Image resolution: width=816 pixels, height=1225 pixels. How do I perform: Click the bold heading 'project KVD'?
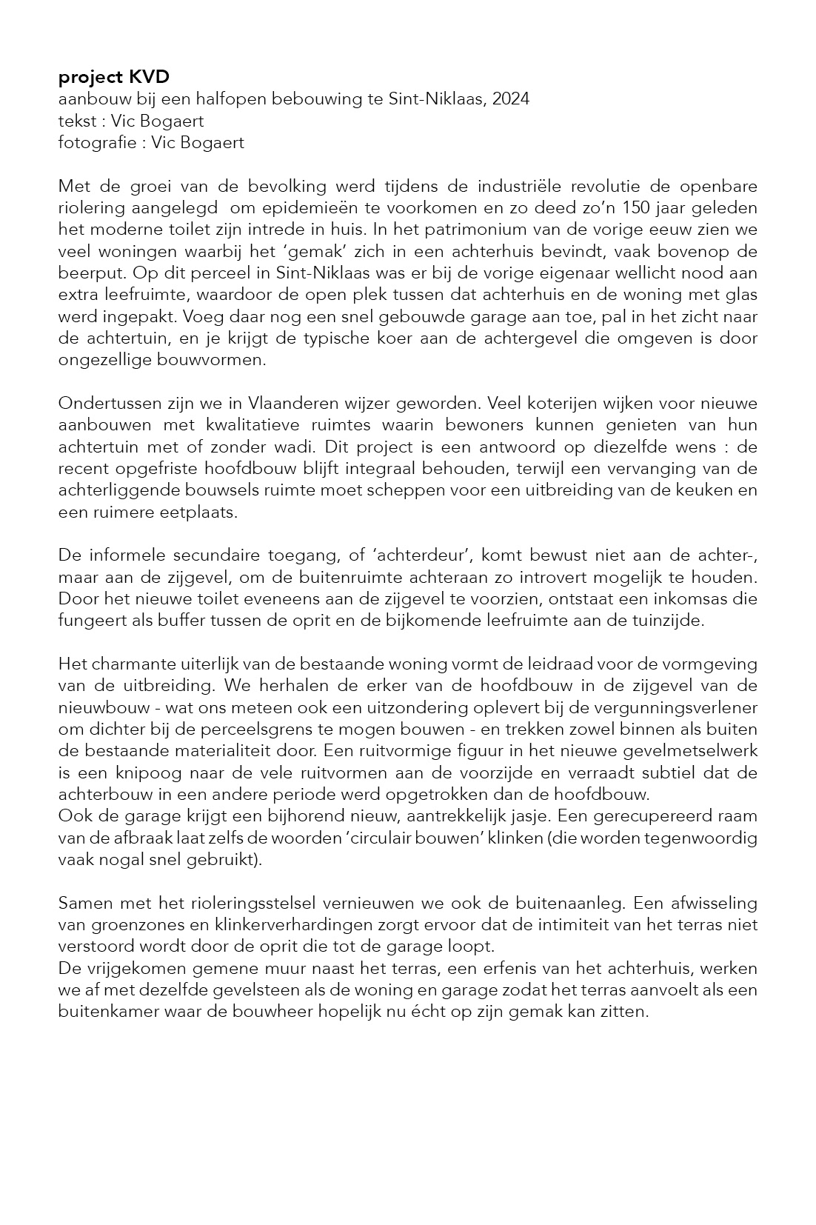[x=113, y=77]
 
